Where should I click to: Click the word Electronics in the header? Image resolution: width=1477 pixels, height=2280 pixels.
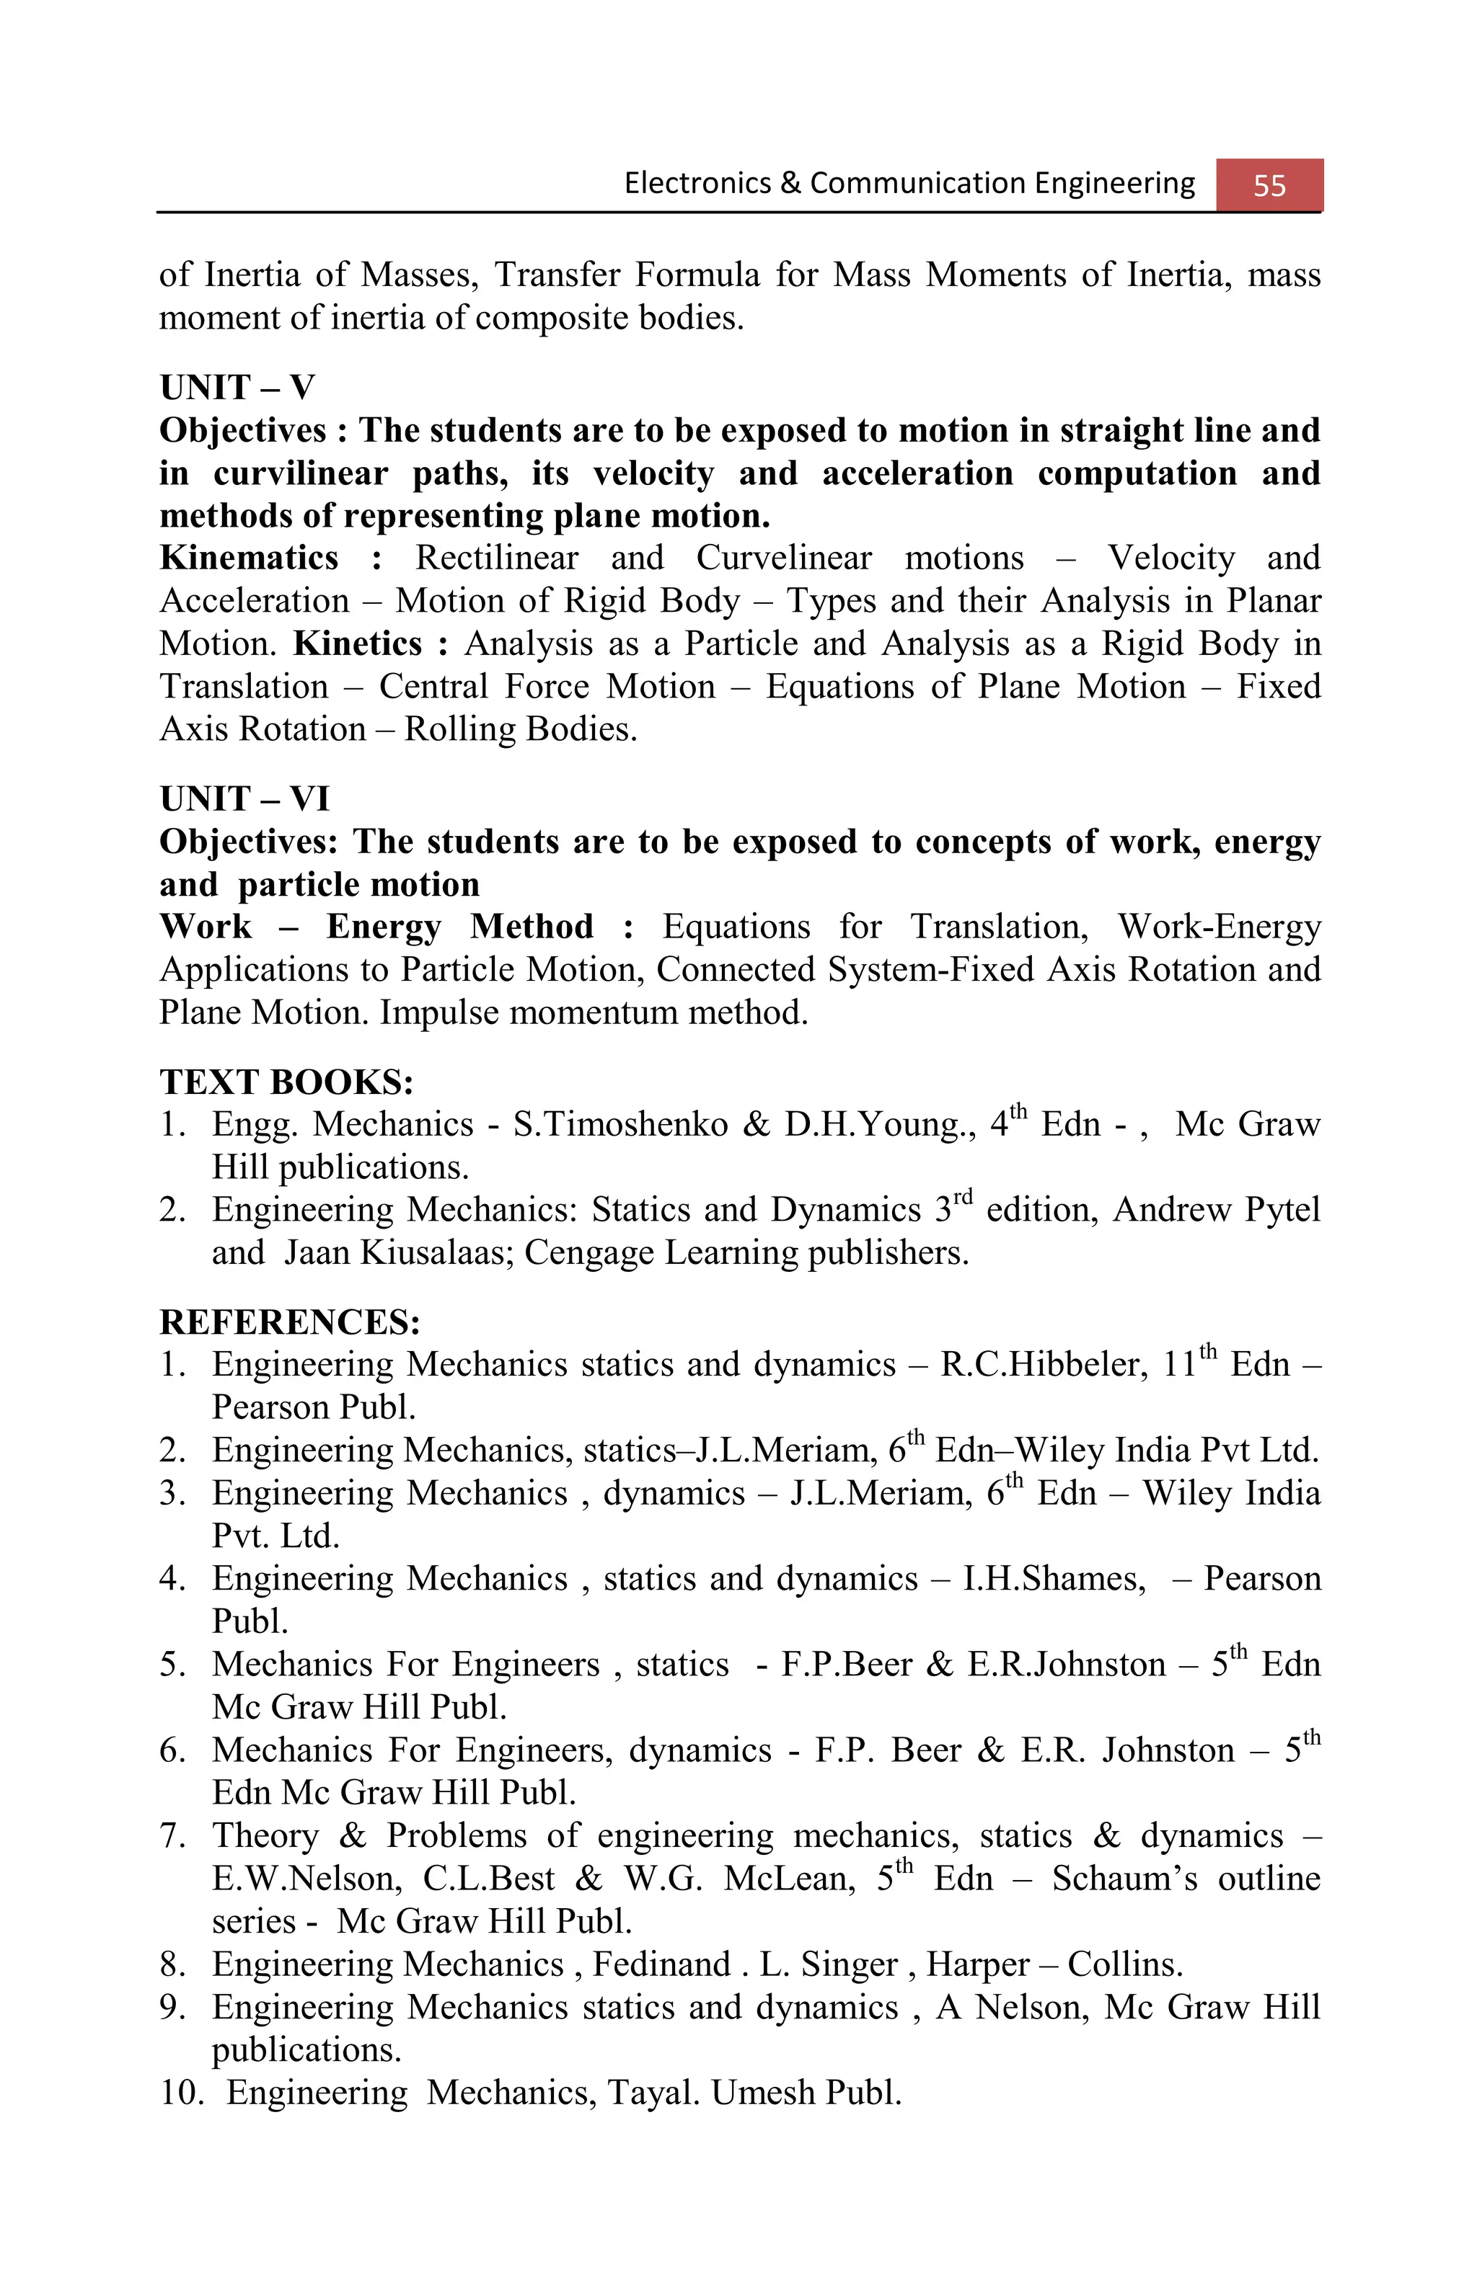coord(697,183)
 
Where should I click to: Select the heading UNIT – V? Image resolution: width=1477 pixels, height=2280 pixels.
coord(237,388)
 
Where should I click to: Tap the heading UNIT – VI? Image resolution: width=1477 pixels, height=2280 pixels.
coord(244,798)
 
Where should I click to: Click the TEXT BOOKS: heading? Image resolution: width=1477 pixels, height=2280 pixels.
coord(286,1082)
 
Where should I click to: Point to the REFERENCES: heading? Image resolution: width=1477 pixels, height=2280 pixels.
coord(289,1322)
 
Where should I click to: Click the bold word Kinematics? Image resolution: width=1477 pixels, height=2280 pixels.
coord(248,558)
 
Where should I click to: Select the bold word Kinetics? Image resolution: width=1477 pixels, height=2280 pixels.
coord(356,643)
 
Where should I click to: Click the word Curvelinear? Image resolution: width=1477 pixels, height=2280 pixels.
coord(783,558)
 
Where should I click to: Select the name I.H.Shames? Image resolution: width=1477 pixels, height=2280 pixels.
coord(1054,1579)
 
